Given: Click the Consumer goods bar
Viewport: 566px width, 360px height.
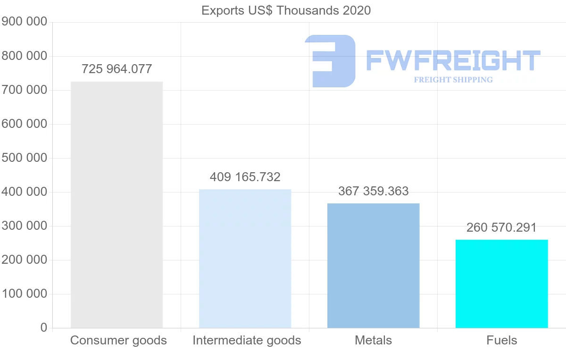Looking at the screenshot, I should coord(117,205).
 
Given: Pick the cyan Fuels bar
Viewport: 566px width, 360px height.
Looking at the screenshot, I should coord(501,284).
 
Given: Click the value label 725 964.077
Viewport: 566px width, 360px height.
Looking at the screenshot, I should coord(117,69).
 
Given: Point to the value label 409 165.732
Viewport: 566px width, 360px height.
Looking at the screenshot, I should coord(245,177).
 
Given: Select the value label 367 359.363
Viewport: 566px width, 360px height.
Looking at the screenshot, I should coord(373,191).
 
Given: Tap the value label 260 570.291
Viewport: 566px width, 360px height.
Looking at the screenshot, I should coord(501,228).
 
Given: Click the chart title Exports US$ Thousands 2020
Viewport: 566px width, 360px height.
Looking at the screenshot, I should coord(286,10).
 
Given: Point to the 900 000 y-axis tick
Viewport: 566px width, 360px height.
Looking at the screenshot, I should coord(25,22).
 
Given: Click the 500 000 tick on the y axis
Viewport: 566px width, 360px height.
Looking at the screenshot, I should coord(25,158).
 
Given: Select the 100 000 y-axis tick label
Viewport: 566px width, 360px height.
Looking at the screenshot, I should coord(25,294).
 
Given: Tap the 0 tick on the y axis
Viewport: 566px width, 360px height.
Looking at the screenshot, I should coord(44,328).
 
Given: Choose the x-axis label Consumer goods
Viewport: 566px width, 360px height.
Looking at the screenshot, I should coord(118,340).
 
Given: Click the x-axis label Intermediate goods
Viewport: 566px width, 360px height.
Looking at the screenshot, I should coord(247,340).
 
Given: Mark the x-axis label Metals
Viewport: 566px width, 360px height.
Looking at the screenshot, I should coord(373,340).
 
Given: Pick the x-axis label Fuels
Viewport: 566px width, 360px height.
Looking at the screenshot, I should coord(501,340).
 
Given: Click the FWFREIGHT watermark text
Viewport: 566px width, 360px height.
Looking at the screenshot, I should coord(453,60).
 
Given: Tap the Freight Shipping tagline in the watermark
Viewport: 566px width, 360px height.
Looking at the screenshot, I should coord(453,80).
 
